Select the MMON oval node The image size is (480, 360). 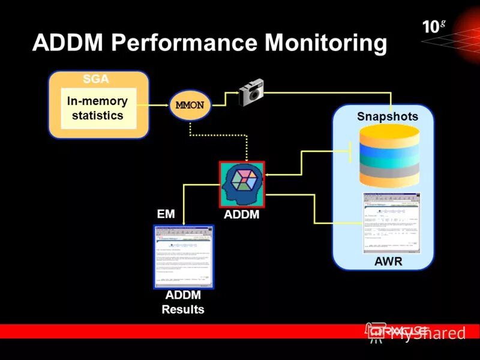pos(190,104)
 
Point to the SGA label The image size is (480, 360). pos(96,79)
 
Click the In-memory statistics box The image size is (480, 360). pos(98,109)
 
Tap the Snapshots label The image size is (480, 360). pos(387,116)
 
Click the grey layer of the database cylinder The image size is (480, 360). pos(388,170)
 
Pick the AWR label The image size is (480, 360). pos(388,262)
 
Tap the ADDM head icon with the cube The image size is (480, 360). pos(242,184)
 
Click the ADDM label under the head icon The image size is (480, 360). pos(242,214)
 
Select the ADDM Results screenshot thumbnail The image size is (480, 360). pos(184,256)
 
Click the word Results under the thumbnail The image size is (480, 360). pos(183,310)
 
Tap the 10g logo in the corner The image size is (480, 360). pos(433,26)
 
